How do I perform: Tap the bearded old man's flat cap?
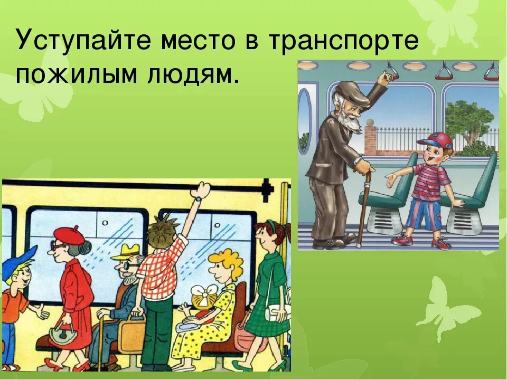353,92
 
